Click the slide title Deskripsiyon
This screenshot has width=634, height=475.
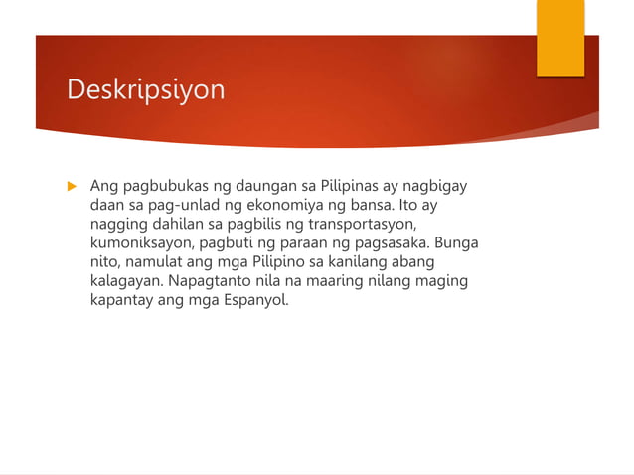[x=145, y=90]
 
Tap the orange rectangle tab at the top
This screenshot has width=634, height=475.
[x=560, y=38]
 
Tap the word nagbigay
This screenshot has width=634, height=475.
[x=434, y=186]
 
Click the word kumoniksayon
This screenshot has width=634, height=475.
[x=139, y=242]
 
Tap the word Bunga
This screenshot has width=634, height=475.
[x=456, y=242]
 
